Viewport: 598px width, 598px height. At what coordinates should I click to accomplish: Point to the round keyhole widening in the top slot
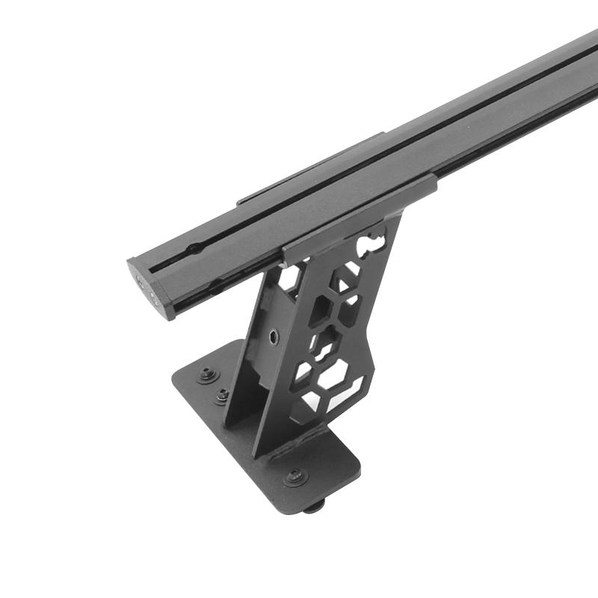pos(193,249)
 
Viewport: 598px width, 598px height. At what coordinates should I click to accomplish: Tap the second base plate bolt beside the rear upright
pos(222,395)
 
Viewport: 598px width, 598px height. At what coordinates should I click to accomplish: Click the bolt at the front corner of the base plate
pos(295,475)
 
